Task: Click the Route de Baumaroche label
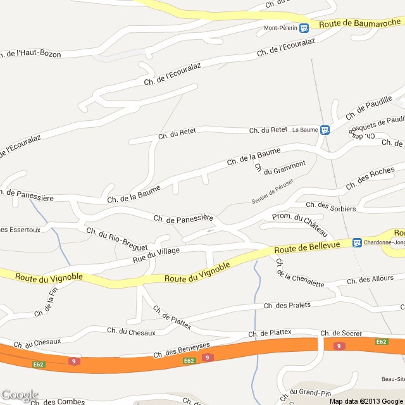(359, 23)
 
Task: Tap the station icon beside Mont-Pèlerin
(304, 28)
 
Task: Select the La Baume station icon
(325, 130)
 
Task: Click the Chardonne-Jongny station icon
(357, 242)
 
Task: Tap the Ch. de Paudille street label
(370, 108)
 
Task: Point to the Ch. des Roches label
(370, 178)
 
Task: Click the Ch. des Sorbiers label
(330, 206)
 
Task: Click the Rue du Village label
(156, 255)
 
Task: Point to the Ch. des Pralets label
(287, 305)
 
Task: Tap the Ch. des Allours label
(370, 279)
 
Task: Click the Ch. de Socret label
(341, 333)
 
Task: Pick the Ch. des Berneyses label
(181, 349)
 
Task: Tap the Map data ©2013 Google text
(366, 401)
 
